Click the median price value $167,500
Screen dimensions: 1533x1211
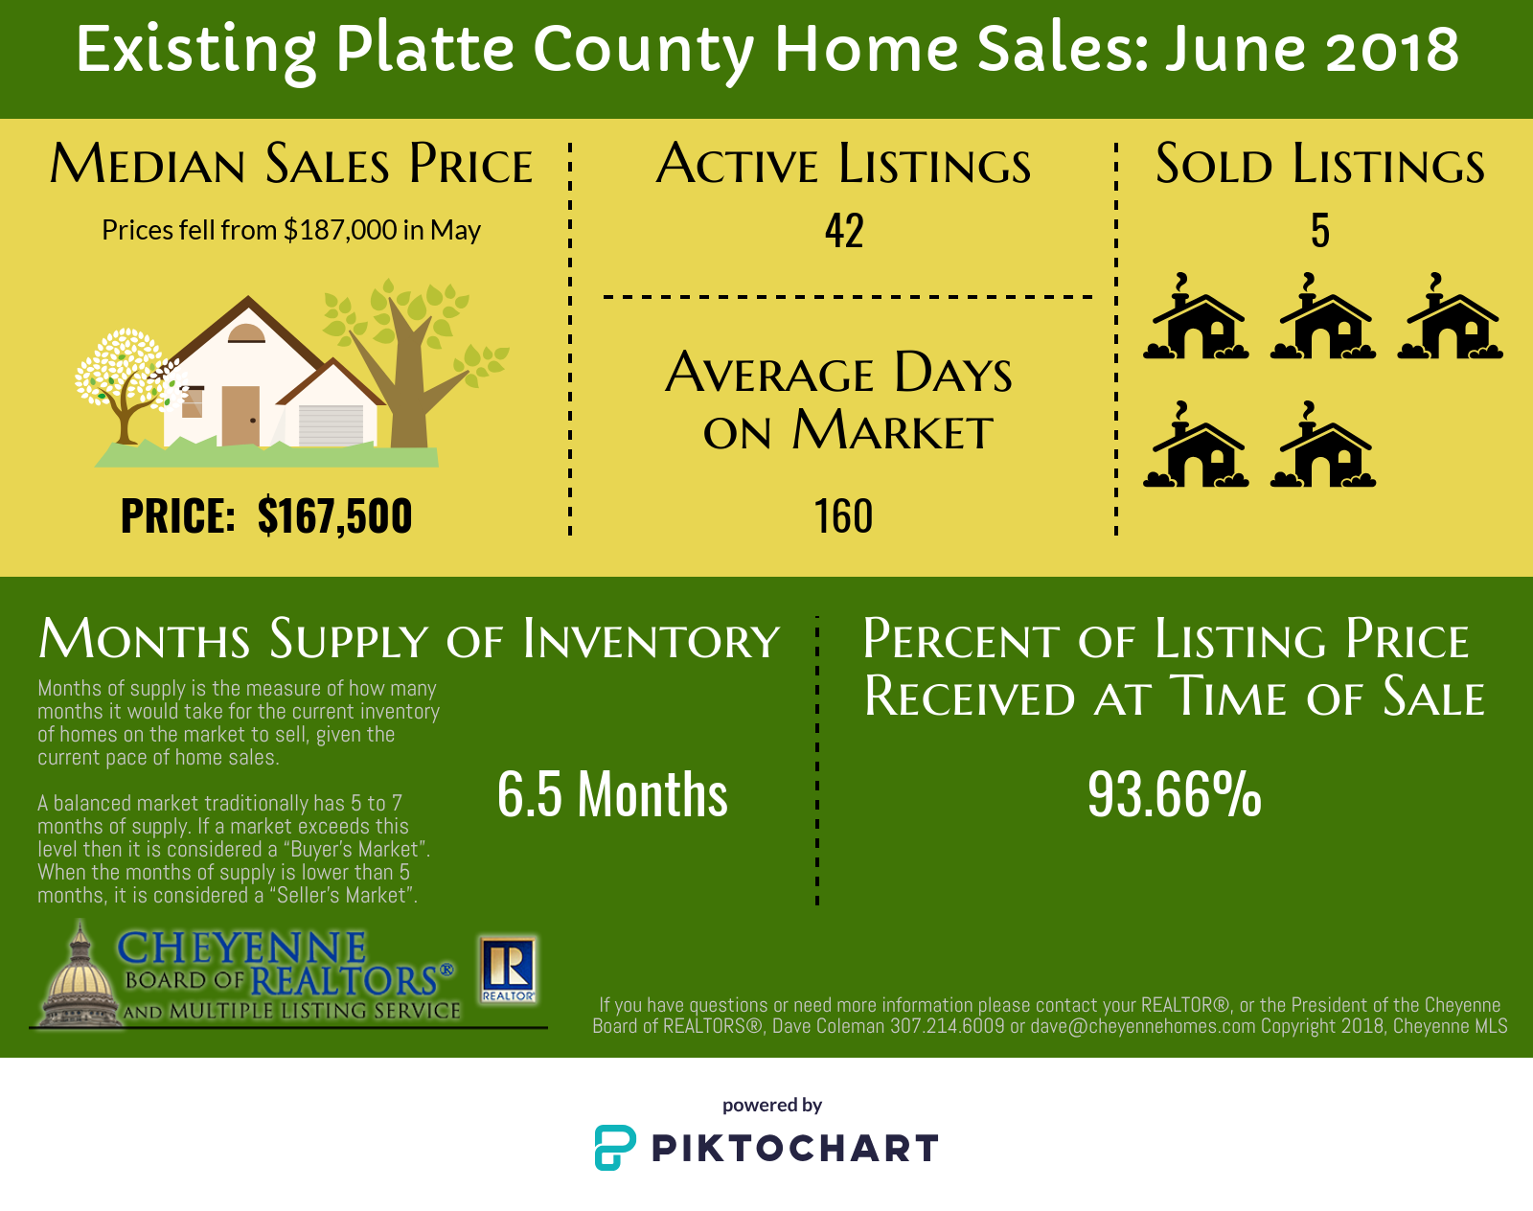pos(334,515)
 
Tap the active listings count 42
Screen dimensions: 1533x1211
pos(844,231)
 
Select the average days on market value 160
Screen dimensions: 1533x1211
pos(843,515)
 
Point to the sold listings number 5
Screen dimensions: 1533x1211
pos(1320,231)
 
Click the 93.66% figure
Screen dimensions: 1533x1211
pos(1174,793)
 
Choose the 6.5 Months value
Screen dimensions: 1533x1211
pos(612,793)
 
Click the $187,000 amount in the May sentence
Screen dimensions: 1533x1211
pos(340,230)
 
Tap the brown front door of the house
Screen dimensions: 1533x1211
pos(240,416)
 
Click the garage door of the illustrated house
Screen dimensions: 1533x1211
pos(331,425)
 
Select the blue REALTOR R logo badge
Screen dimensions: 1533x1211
pos(508,970)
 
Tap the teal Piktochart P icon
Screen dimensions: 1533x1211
pos(615,1148)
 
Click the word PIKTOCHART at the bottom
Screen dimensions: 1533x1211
pos(795,1149)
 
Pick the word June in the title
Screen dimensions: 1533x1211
pos(1235,49)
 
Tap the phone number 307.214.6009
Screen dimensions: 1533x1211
pos(948,1026)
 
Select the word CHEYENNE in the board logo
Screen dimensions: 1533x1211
pos(242,948)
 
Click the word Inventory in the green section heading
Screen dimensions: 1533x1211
pos(652,640)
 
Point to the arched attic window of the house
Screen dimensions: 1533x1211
pos(246,332)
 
